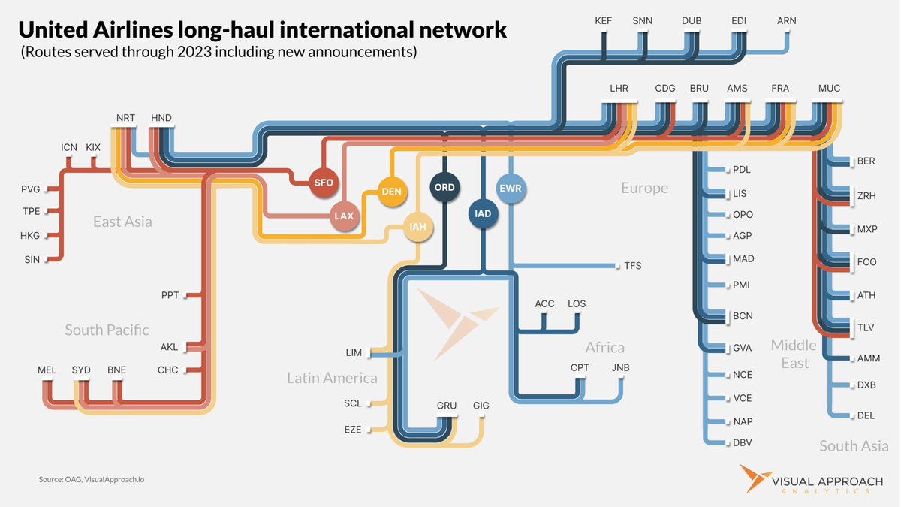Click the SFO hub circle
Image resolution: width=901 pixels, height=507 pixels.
(324, 183)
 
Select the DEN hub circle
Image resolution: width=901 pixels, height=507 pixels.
(392, 192)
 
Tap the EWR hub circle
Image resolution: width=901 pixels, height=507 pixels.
(511, 189)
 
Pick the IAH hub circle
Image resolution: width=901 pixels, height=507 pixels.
(418, 227)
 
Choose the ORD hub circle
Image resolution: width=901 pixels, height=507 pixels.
(444, 187)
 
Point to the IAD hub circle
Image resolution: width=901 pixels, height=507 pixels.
(483, 213)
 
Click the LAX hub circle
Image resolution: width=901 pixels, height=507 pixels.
(345, 216)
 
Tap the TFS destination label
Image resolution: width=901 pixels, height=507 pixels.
(633, 266)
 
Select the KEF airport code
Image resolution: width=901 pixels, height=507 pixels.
(604, 21)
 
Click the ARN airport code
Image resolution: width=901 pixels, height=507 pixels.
(786, 21)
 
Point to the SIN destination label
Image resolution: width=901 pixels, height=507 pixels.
(32, 260)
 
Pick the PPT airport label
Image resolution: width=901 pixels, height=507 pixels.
(170, 295)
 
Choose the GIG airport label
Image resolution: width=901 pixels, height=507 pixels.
(481, 406)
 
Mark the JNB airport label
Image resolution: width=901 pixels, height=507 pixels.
(621, 368)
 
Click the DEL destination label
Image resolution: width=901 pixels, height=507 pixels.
(866, 415)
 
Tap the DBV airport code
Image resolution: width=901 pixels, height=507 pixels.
(742, 443)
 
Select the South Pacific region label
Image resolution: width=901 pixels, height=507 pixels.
(107, 330)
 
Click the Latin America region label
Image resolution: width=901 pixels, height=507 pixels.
(332, 379)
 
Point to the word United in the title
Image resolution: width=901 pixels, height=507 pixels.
(53, 30)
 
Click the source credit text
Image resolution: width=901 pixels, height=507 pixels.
(92, 480)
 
